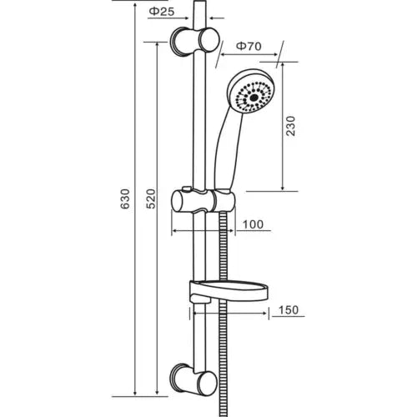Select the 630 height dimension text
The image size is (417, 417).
pyautogui.click(x=126, y=200)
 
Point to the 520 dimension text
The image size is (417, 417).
pyautogui.click(x=149, y=200)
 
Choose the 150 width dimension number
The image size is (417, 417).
pyautogui.click(x=287, y=310)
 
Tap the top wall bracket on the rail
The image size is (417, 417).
pyautogui.click(x=197, y=41)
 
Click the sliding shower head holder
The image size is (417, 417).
pyautogui.click(x=200, y=202)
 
